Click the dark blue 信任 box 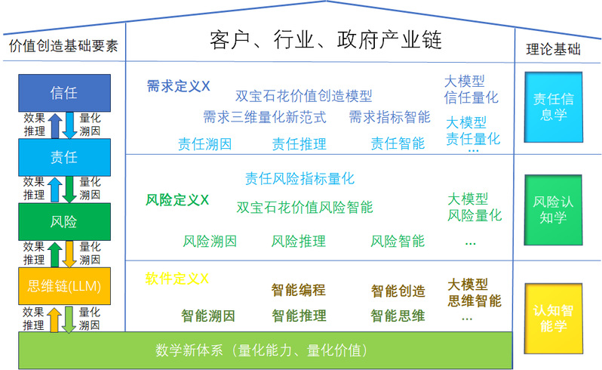pyautogui.click(x=65, y=93)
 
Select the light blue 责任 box pyautogui.click(x=65, y=158)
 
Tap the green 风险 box pyautogui.click(x=65, y=222)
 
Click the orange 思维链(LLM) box pyautogui.click(x=65, y=286)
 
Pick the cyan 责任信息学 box pyautogui.click(x=553, y=107)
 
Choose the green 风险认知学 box pyautogui.click(x=553, y=210)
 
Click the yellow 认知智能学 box pyautogui.click(x=553, y=319)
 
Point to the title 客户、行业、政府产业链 pyautogui.click(x=326, y=40)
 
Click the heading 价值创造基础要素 pyautogui.click(x=63, y=46)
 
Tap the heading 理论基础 pyautogui.click(x=553, y=49)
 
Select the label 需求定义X pyautogui.click(x=178, y=86)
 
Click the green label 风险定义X pyautogui.click(x=177, y=200)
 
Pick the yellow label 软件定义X pyautogui.click(x=177, y=278)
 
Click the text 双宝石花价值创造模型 pyautogui.click(x=304, y=96)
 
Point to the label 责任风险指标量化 pyautogui.click(x=299, y=179)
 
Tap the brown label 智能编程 pyautogui.click(x=298, y=290)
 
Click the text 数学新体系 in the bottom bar pyautogui.click(x=189, y=350)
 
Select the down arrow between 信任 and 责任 pyautogui.click(x=69, y=125)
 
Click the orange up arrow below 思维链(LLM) pyautogui.click(x=54, y=319)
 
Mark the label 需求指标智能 pyautogui.click(x=390, y=117)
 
